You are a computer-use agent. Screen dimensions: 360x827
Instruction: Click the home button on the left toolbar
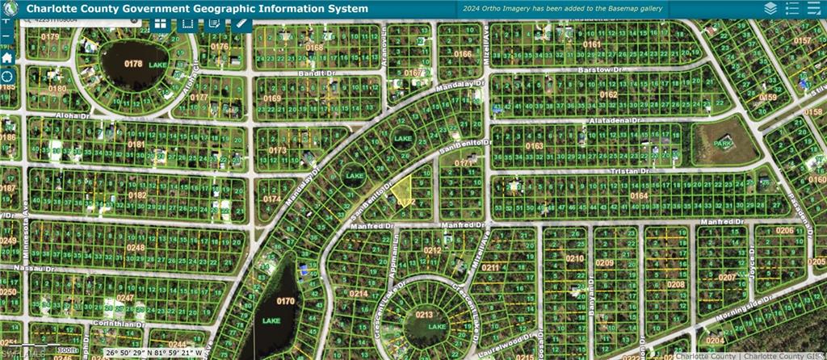7,57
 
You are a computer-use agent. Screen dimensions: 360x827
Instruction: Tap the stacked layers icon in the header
770,8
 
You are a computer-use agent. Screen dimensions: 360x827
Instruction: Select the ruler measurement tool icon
241,23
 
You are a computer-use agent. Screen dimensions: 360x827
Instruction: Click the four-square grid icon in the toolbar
161,23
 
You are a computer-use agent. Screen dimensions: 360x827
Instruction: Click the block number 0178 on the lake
132,63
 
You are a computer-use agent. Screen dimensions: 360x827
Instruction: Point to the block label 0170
285,301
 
